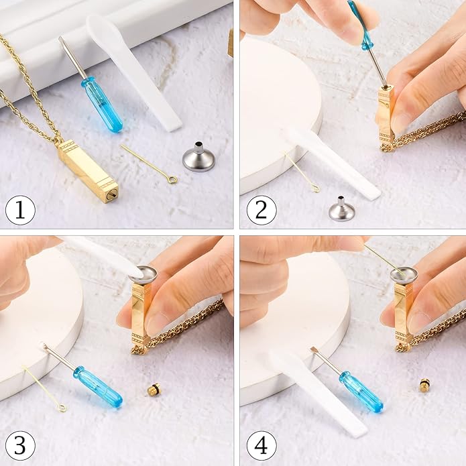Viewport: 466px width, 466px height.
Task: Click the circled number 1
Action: coord(20,210)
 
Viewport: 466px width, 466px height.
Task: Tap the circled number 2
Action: coord(261,210)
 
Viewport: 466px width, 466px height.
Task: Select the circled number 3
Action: coord(20,446)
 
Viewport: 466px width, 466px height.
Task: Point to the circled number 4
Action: coord(261,446)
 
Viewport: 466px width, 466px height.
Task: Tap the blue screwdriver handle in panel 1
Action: coord(102,105)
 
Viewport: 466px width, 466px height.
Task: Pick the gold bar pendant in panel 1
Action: coord(88,171)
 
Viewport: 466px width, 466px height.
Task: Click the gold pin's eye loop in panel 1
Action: coord(172,179)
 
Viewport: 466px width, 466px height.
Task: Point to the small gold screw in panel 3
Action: coord(154,390)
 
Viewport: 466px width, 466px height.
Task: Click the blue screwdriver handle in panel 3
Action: coord(98,387)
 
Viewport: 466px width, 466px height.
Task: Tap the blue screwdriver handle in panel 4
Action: coord(361,391)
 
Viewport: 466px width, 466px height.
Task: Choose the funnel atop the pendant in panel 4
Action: coord(404,274)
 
